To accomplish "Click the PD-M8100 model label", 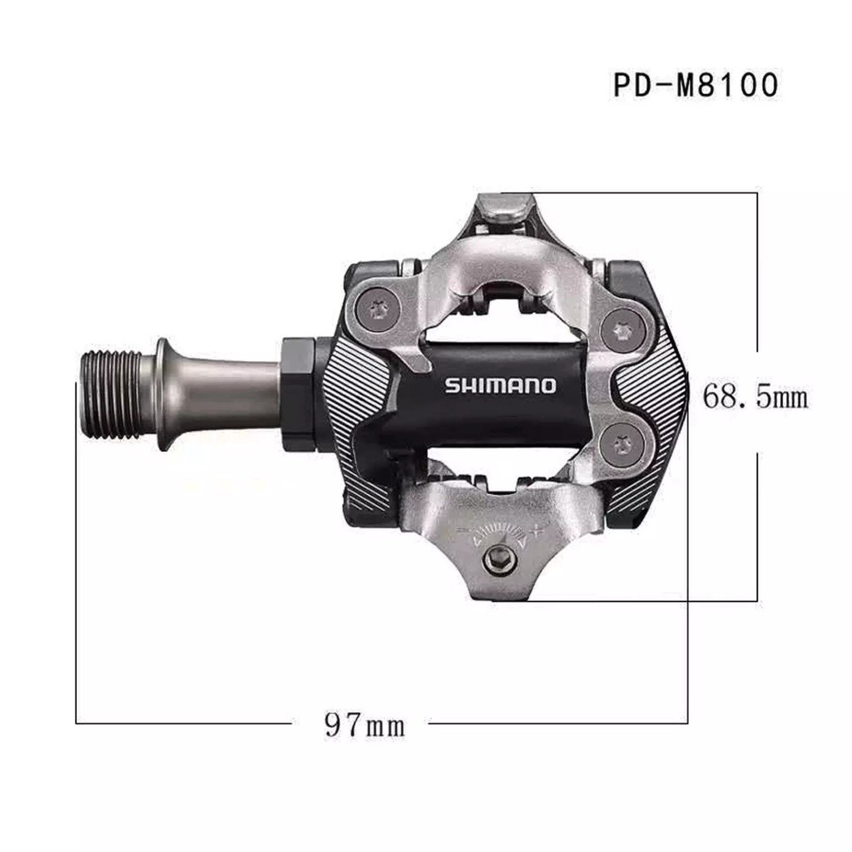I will click(x=696, y=85).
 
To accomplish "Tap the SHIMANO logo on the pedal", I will click(x=500, y=385).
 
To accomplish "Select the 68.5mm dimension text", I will click(x=755, y=395).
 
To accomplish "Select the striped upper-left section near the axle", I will click(x=354, y=370).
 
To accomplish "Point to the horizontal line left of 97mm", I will click(x=183, y=723).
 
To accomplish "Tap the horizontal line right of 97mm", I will click(x=557, y=723).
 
